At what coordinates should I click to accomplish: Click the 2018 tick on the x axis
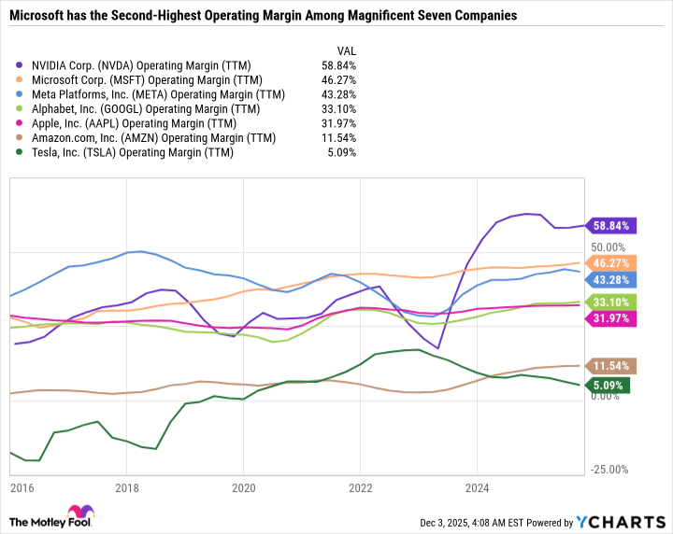coord(127,488)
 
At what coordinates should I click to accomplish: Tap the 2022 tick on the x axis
coord(360,488)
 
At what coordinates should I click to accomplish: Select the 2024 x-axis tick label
coord(476,488)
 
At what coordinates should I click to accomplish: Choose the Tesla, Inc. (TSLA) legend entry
coord(133,153)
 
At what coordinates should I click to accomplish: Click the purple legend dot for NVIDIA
coord(21,65)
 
